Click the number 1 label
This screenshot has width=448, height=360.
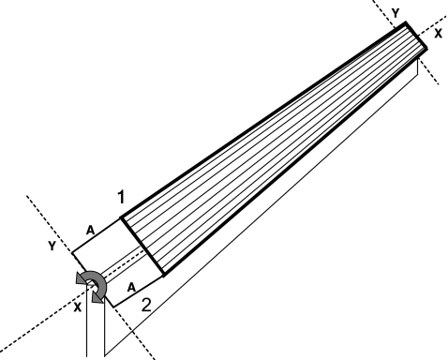tap(121, 197)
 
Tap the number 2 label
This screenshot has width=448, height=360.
tap(146, 305)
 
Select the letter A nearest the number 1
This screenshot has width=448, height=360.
tap(90, 231)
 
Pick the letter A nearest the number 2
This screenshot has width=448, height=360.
tap(132, 287)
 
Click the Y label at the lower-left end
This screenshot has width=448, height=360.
tap(52, 246)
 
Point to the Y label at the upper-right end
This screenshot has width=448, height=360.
tap(396, 13)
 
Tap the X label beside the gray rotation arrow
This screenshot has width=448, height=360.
tap(78, 307)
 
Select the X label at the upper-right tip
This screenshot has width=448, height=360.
tap(439, 34)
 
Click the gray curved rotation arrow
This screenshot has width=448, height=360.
tap(102, 281)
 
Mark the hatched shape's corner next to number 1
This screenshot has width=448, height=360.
tap(121, 218)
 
